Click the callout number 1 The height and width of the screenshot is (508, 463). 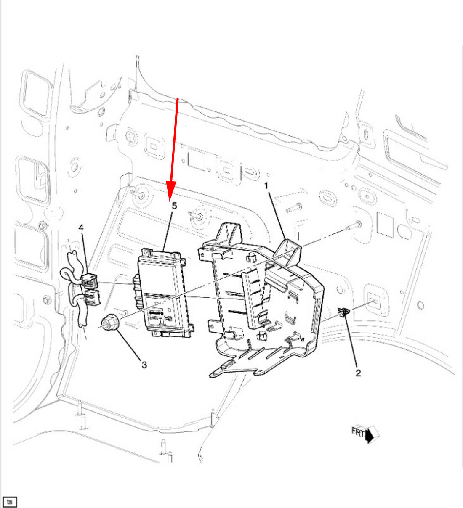(266, 186)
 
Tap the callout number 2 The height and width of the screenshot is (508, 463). (358, 373)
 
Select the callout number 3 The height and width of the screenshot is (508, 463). (144, 365)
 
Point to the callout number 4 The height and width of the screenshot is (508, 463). (81, 228)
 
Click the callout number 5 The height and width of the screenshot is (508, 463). (174, 206)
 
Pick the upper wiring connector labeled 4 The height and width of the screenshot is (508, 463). (90, 280)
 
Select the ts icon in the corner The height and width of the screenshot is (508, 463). (10, 502)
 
